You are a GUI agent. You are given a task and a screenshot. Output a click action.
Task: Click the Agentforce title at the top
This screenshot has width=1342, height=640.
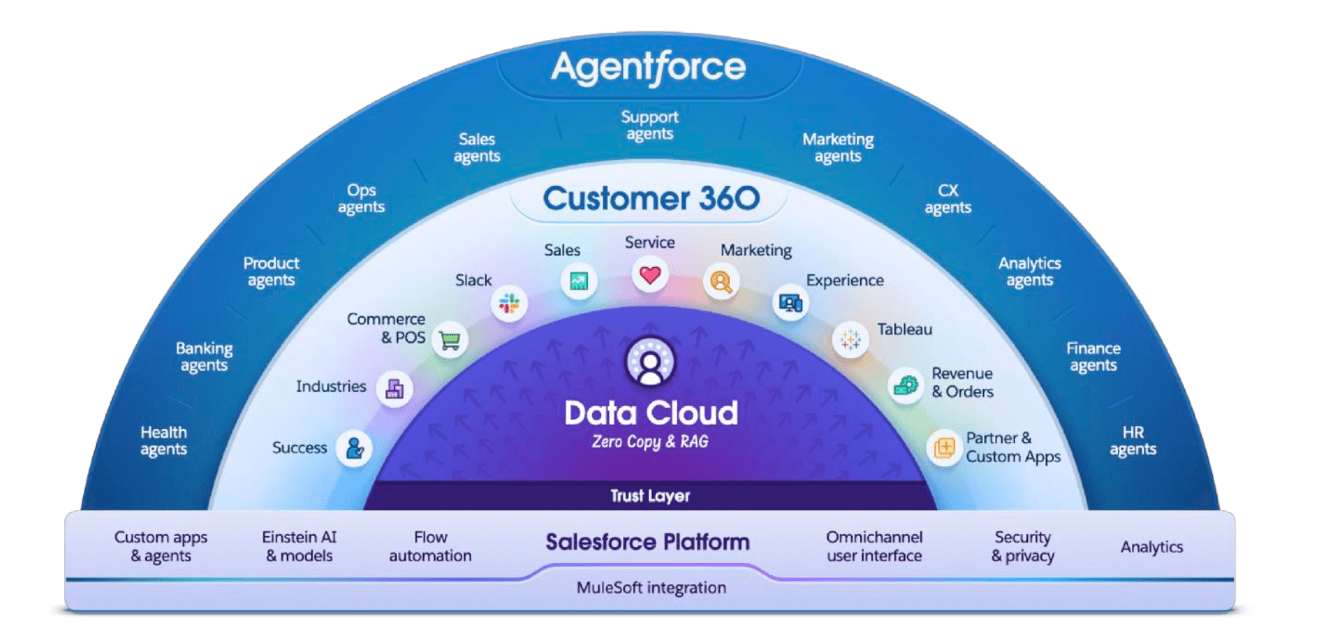pos(648,68)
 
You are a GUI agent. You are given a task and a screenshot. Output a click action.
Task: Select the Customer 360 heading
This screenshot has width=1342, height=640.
pos(651,199)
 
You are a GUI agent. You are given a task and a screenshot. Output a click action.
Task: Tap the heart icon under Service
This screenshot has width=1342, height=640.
pos(650,276)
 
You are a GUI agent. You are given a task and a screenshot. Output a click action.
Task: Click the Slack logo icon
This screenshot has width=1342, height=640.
pos(509,303)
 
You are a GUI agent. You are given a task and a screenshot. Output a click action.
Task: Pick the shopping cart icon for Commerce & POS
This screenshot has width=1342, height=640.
pos(450,340)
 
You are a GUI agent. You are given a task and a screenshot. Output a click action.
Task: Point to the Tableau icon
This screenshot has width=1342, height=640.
pos(850,339)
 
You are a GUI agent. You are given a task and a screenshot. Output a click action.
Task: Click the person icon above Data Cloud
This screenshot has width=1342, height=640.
pos(650,361)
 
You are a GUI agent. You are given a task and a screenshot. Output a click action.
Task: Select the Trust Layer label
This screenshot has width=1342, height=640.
pos(650,496)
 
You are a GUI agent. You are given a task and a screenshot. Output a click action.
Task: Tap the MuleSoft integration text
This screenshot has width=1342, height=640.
pos(651,588)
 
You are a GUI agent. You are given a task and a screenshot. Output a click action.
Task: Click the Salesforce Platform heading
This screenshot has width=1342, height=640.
pos(647,542)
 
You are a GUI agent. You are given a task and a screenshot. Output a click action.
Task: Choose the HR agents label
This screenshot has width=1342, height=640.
pos(1133,441)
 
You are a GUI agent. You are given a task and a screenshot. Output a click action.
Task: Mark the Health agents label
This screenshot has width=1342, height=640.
pos(164,441)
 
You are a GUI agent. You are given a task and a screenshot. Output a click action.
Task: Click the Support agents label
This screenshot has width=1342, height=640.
pos(649,125)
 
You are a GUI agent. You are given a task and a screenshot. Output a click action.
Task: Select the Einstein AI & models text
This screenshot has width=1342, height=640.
pos(299,546)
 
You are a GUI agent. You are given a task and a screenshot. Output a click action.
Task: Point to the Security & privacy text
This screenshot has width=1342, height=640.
pos(1022,546)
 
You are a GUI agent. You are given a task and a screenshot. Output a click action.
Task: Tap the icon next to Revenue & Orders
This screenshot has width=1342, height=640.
pos(906,385)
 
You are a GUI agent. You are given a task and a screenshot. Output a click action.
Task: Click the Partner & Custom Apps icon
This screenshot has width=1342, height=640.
pos(944,447)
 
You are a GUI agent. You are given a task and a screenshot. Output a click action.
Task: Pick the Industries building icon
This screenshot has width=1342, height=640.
pos(395,388)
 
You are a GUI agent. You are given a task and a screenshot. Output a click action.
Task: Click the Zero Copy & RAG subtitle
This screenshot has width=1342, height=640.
pos(650,441)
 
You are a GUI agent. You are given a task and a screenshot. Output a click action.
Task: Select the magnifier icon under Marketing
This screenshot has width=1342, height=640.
pos(720,281)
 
